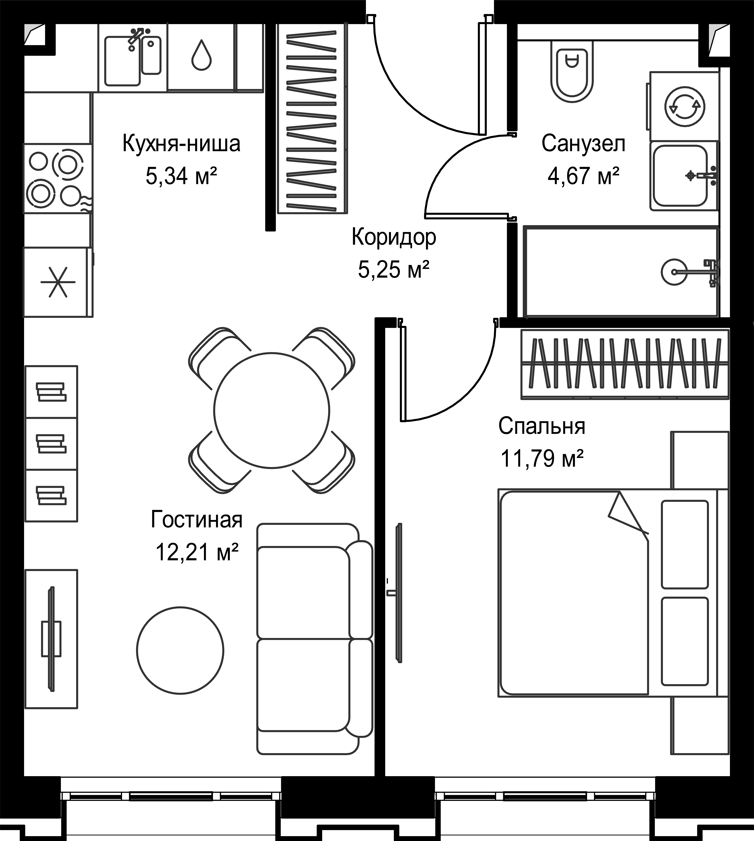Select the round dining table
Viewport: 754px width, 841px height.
point(272,410)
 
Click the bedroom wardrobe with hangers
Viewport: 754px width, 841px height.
point(625,364)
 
